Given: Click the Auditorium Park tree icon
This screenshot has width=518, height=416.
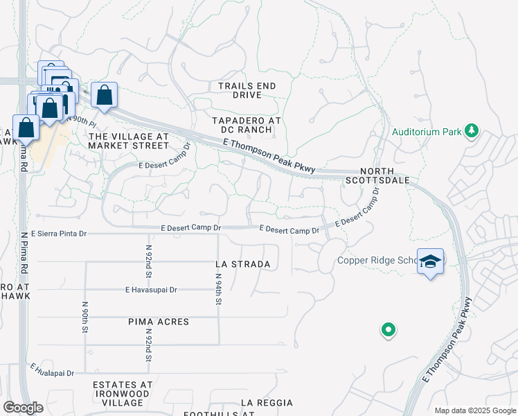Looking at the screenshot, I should coord(472,130).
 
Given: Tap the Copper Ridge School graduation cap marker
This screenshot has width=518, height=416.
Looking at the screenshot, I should coord(430,261).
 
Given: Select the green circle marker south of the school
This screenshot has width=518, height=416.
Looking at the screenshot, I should coord(388,330).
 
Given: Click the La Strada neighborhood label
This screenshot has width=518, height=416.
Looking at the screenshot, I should coord(242,264).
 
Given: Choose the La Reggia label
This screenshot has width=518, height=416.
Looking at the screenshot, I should coord(267,402).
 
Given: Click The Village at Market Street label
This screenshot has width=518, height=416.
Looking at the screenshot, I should coord(129,141).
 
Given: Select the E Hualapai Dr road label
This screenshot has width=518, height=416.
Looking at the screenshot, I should coord(52,372).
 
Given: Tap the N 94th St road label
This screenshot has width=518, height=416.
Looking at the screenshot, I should coord(217,290).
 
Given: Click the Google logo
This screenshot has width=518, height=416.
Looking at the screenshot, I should coord(24,408).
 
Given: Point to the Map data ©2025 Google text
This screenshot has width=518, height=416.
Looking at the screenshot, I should coord(474,410).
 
